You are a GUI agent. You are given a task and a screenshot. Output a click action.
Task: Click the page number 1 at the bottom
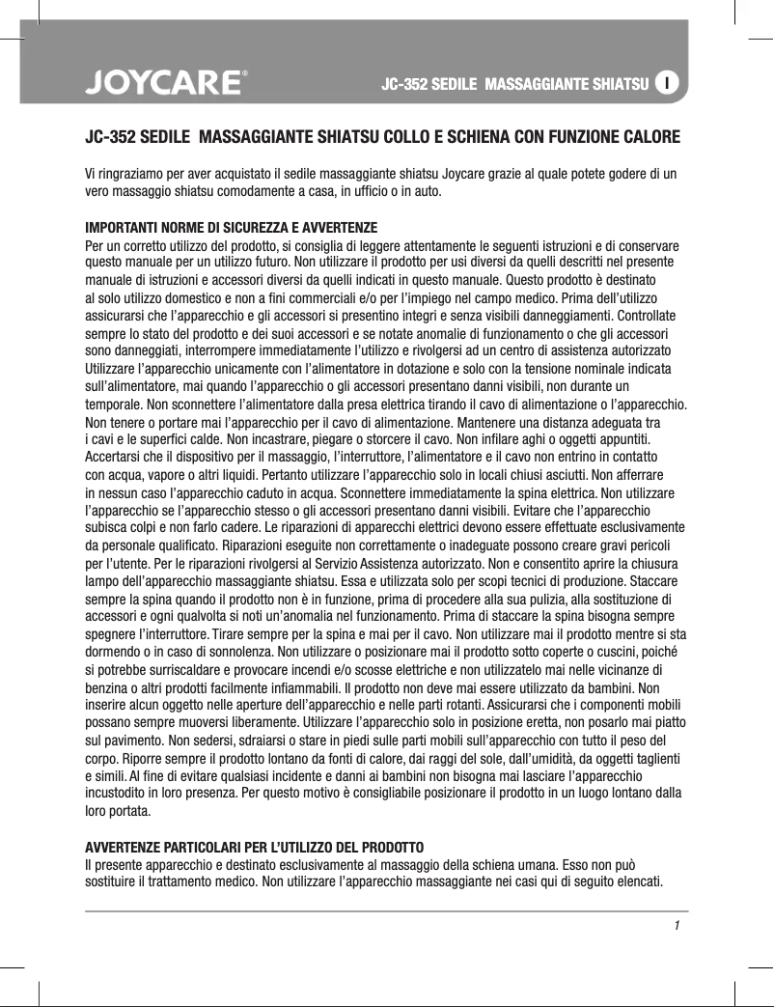[677, 927]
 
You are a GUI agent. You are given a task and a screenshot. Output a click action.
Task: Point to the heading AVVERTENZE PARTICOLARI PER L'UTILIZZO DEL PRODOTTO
[261, 848]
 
